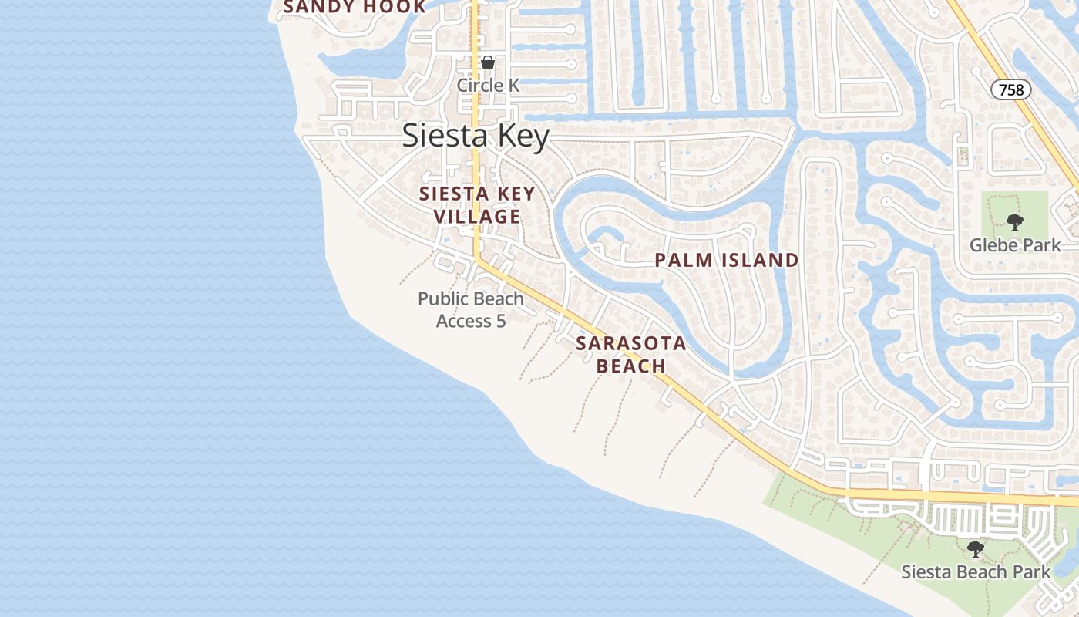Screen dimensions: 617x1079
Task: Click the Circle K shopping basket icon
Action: point(488,62)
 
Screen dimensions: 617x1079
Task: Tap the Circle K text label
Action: point(489,85)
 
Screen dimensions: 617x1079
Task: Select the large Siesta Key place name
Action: point(476,137)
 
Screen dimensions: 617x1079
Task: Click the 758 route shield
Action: point(1010,89)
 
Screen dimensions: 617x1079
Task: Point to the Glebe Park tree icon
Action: point(1015,222)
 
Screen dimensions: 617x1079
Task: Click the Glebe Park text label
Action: point(1015,245)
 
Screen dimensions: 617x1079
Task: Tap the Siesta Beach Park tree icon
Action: point(976,549)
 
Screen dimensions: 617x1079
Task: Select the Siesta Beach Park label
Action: point(976,571)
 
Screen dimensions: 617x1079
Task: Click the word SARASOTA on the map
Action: point(631,343)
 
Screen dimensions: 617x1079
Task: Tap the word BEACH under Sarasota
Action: point(631,366)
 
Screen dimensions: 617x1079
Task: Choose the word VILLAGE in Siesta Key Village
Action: point(477,217)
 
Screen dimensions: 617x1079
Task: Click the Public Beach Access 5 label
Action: point(471,309)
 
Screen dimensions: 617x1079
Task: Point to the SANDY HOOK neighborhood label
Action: point(354,7)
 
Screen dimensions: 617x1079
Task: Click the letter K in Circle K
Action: point(513,85)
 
